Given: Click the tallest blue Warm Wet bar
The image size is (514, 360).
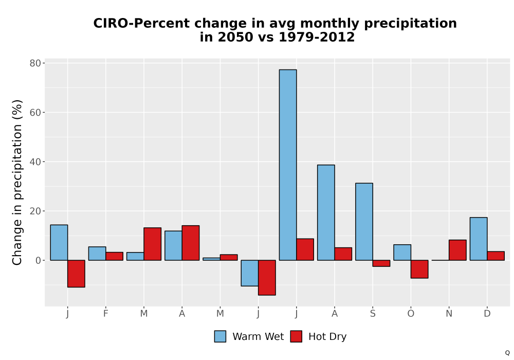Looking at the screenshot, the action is [x=288, y=165].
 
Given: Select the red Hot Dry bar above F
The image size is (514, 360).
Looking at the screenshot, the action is [x=115, y=256].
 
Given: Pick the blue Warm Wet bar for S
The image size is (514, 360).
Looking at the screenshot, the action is [x=364, y=222].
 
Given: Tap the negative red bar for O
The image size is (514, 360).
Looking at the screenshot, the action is [x=419, y=269].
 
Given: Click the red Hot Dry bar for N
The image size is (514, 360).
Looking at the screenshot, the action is [x=457, y=250].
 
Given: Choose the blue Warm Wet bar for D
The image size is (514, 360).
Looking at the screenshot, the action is [x=479, y=239].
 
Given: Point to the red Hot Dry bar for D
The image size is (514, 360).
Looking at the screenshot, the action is [x=496, y=256].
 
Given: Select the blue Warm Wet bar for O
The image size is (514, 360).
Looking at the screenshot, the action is [x=402, y=253].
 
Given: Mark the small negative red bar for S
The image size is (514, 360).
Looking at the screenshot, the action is [x=381, y=263].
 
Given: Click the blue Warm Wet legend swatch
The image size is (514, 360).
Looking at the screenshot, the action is [x=221, y=336].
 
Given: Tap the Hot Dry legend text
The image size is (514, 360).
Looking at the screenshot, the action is [x=327, y=337].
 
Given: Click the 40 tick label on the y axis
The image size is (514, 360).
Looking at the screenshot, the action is [x=35, y=161].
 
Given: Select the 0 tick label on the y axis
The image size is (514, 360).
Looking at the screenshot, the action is [x=39, y=260].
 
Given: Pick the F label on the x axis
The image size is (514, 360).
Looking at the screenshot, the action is [x=105, y=314].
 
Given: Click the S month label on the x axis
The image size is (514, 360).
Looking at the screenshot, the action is [x=373, y=314].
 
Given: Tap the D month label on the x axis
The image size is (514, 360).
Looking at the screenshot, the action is [x=487, y=314].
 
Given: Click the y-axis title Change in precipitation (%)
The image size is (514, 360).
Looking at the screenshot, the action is [x=17, y=182].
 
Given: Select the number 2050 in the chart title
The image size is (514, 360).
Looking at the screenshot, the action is [x=235, y=37].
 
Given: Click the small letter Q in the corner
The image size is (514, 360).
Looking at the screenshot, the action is [x=507, y=353].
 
